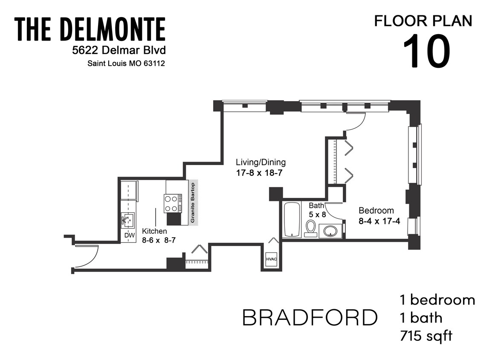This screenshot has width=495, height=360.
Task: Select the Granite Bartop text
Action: (x=193, y=203)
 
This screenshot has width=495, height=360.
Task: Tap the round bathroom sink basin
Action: (x=330, y=231)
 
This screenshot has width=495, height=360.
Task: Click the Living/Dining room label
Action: (x=261, y=163)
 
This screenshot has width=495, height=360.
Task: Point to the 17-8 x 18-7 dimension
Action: (x=259, y=173)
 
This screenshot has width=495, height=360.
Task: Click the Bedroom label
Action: (x=376, y=211)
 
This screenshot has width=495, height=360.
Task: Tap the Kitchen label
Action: (x=154, y=231)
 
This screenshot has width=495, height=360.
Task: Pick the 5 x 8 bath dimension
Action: (x=317, y=215)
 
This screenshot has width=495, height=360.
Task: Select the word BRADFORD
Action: (x=310, y=317)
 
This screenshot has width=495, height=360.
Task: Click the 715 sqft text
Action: (x=426, y=336)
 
